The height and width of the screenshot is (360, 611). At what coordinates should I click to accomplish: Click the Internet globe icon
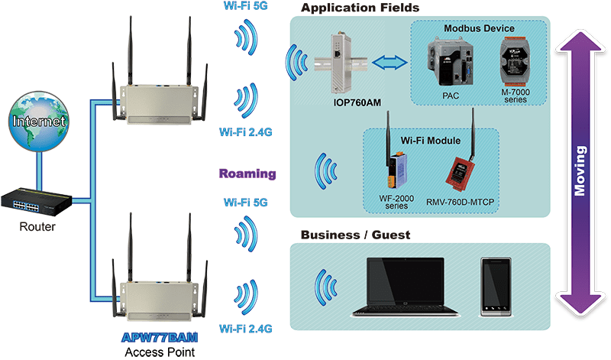[x=39, y=122]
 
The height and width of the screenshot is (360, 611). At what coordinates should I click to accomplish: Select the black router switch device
[x=37, y=202]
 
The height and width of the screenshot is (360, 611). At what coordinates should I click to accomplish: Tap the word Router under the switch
[x=37, y=226]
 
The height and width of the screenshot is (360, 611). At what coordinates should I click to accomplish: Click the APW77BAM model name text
[x=160, y=337]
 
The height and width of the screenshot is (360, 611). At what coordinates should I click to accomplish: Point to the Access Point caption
[x=160, y=352]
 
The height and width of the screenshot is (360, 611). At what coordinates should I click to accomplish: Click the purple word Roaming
[x=247, y=174]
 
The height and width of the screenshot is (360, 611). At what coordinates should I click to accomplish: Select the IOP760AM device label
[x=357, y=102]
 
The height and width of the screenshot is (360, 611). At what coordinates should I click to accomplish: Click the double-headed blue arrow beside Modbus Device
[x=390, y=63]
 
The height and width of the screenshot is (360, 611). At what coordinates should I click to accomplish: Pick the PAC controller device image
[x=450, y=62]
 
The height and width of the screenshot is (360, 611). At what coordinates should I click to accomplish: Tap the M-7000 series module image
[x=515, y=62]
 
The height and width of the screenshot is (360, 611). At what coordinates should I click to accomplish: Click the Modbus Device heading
[x=479, y=28]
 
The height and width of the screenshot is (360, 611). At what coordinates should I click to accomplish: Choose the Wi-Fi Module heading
[x=431, y=141]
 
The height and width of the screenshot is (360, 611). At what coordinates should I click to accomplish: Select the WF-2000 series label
[x=396, y=202]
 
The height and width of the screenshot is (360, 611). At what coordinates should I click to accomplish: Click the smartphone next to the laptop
[x=496, y=287]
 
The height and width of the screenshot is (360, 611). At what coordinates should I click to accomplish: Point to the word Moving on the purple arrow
[x=580, y=171]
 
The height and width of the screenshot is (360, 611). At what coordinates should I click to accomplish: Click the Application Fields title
[x=360, y=8]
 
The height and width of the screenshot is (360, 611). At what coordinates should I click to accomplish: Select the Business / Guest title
[x=355, y=235]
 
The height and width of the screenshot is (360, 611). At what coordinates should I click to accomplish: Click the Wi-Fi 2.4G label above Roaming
[x=245, y=132]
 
